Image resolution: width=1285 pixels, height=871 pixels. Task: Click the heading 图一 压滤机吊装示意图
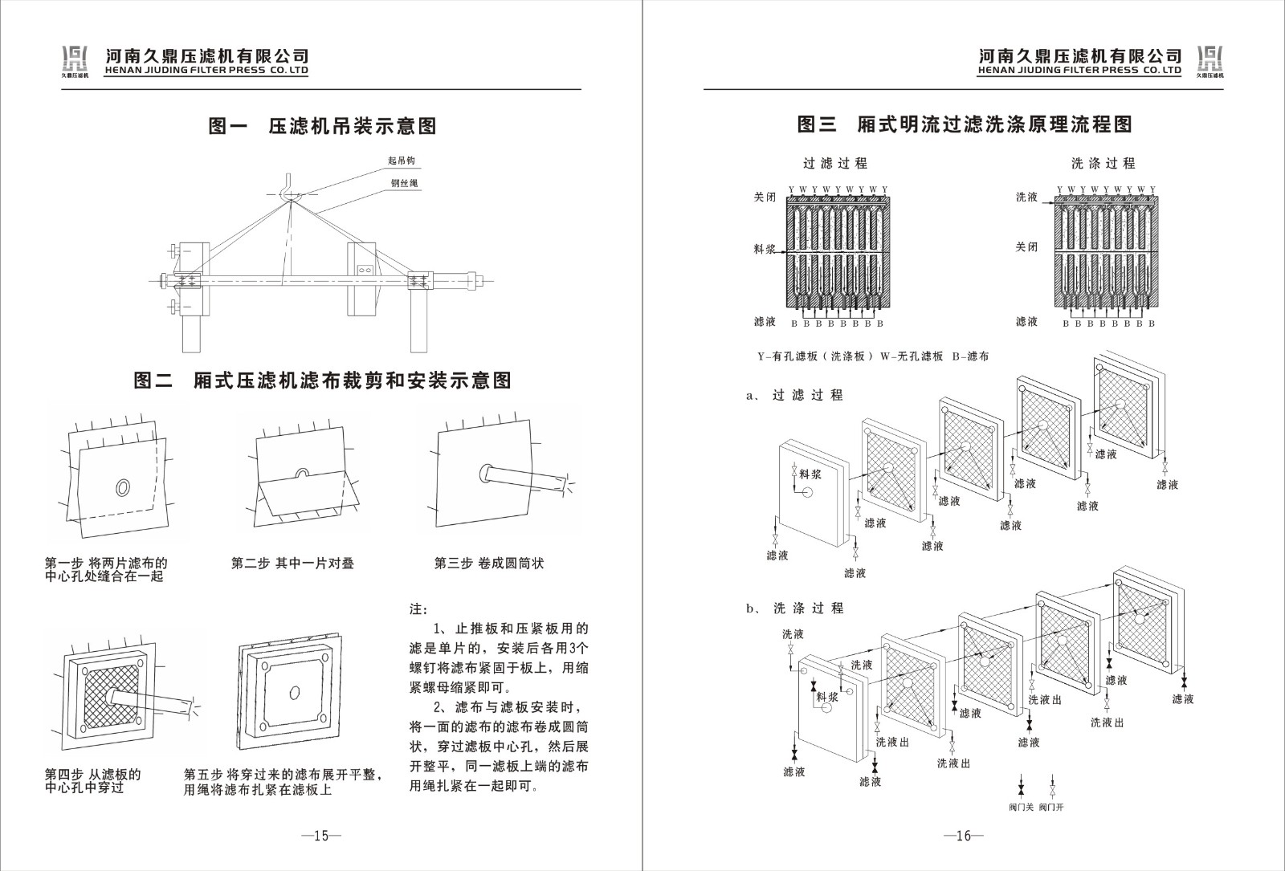click(322, 126)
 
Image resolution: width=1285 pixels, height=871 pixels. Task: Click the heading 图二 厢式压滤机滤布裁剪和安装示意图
click(322, 381)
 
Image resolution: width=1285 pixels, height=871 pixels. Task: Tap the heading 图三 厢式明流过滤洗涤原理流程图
click(965, 124)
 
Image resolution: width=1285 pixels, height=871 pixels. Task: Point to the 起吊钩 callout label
click(402, 161)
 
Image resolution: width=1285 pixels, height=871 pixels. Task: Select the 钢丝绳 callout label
click(404, 183)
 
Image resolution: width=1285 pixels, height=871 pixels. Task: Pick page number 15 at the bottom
click(321, 836)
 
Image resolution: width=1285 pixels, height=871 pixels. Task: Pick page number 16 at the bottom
click(964, 836)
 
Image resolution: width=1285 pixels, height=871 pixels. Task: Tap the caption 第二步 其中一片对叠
click(292, 564)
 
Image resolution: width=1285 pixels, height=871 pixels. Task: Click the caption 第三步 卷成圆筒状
click(489, 564)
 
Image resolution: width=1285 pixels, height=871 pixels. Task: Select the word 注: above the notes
click(419, 609)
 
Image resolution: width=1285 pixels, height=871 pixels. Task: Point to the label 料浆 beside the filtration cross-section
click(765, 250)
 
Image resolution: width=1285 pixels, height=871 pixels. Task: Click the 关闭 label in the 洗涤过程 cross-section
click(1026, 247)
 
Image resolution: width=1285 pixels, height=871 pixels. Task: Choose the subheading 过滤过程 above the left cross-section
click(835, 163)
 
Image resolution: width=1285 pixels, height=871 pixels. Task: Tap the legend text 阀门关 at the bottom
click(1021, 807)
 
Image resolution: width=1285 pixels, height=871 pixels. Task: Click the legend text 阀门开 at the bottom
click(1051, 807)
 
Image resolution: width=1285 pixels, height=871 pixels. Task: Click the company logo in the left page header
click(75, 59)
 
